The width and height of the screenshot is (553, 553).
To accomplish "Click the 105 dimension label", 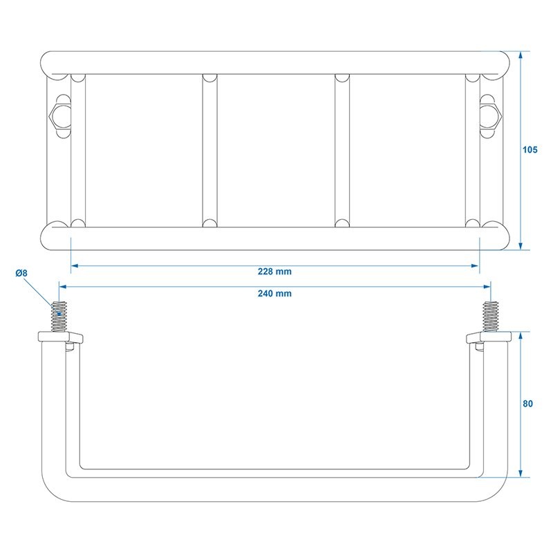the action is coord(529,150).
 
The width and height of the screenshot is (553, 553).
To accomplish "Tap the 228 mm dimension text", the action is coord(274,272).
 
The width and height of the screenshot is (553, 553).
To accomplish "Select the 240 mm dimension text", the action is coord(274,293).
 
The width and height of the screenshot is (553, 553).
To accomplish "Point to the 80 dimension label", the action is coord(527,404).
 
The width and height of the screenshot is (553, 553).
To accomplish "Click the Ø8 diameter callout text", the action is coord(21,273).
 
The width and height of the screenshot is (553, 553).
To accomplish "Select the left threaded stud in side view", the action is coord(59,317).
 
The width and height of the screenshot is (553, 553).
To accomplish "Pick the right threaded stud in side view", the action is coord(491,317).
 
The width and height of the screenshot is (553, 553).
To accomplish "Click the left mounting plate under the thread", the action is coord(60,337).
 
